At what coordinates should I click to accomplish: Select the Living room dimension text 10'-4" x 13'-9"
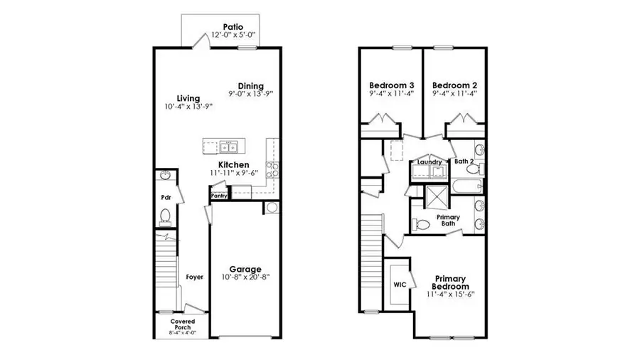[x=188, y=107]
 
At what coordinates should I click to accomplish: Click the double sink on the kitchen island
[x=228, y=147]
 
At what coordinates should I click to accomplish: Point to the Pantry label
[x=219, y=195]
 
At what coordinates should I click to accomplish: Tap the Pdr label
[x=165, y=197]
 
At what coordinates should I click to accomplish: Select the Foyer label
[x=194, y=277]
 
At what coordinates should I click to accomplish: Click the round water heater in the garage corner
[x=271, y=208]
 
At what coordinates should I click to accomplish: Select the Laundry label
[x=430, y=162]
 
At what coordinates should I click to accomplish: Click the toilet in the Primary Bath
[x=422, y=224]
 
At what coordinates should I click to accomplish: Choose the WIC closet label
[x=399, y=284]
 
